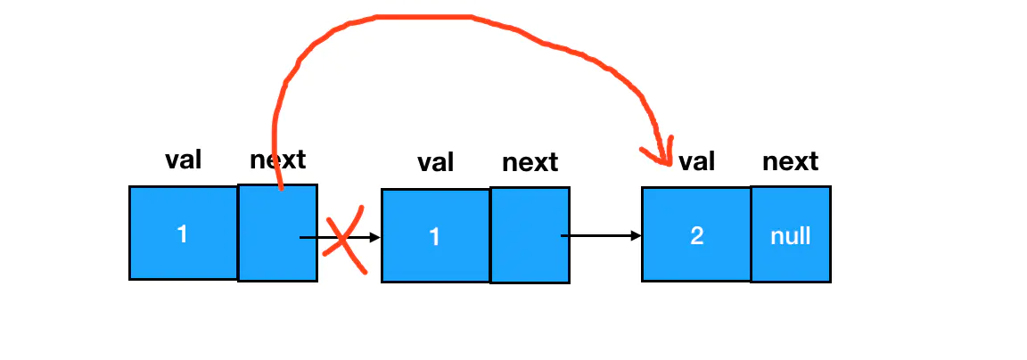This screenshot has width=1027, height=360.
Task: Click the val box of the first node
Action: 184,233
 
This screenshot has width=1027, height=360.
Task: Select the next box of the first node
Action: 278,233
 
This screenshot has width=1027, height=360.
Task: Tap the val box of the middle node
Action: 436,235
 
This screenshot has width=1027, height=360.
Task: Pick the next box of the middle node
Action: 530,235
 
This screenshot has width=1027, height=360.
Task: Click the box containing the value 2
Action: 696,234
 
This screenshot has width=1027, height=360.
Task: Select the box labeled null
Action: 791,234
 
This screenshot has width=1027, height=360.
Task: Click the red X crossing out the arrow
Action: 344,240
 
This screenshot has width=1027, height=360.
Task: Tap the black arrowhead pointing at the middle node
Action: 375,237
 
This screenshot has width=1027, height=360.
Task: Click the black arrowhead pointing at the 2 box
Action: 636,235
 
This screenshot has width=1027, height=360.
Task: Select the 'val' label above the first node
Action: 184,160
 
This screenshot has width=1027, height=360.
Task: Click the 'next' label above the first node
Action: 278,160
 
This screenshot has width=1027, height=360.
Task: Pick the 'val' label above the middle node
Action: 436,163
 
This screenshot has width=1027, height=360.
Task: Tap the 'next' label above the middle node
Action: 530,163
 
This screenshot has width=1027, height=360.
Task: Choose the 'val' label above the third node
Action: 696,161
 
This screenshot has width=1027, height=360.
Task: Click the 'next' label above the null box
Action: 791,161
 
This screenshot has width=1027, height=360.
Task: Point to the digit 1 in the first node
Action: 183,233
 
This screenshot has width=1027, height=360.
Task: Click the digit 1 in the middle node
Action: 435,236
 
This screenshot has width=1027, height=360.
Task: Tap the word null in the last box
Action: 791,235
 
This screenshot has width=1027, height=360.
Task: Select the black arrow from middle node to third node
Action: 601,235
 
